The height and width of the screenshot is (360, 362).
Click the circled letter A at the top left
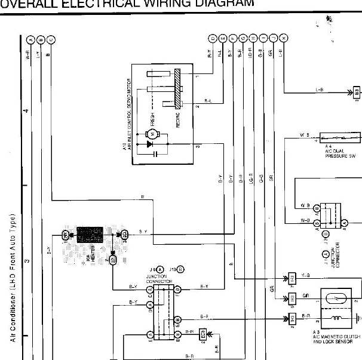pyautogui.click(x=30, y=39)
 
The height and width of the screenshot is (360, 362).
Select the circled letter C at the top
pyautogui.click(x=51, y=39)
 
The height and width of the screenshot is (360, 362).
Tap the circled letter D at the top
pyautogui.click(x=211, y=39)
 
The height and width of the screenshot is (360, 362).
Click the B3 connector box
pyautogui.click(x=356, y=92)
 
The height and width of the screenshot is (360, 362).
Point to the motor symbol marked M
pyautogui.click(x=152, y=132)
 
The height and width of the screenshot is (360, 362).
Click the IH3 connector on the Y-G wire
pyautogui.click(x=292, y=278)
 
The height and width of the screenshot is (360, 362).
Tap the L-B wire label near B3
pyautogui.click(x=320, y=90)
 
